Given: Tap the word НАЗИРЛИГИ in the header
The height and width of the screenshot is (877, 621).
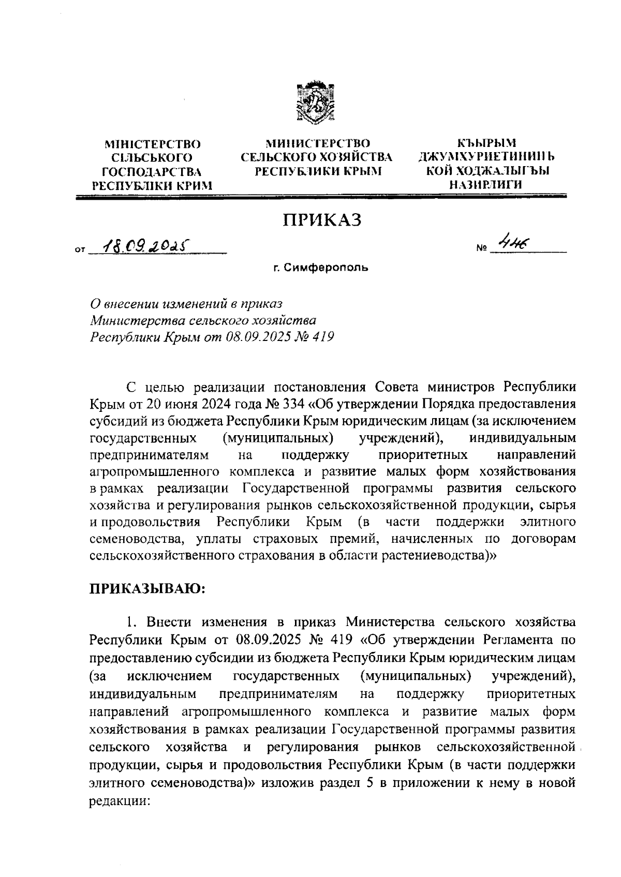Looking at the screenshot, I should [x=485, y=184].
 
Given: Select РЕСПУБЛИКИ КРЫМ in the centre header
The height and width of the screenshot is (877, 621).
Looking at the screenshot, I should [x=318, y=171].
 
